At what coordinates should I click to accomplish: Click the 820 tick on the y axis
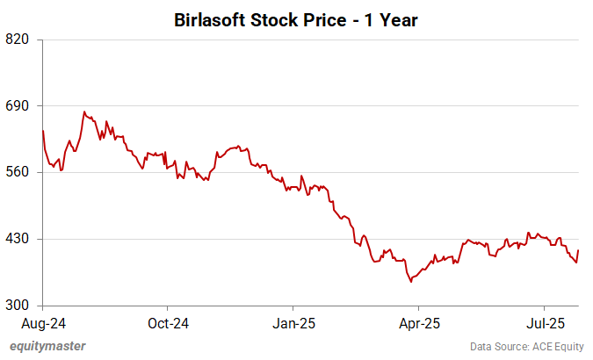pos(18,40)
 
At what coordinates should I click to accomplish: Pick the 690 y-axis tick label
pos(18,106)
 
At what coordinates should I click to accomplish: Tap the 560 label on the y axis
pos(18,172)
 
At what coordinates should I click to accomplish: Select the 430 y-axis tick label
pos(18,239)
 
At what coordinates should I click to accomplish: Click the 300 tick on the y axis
pos(18,306)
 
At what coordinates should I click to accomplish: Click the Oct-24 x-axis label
pos(168,322)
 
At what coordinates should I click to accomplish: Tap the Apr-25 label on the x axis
pos(419,322)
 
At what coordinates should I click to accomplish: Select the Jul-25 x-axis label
pos(545,322)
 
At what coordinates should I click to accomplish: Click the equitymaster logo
pos(47,346)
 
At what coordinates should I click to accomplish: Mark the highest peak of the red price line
pos(83,112)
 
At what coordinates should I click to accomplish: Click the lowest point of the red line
pos(410,282)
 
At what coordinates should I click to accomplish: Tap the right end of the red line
pos(579,250)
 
